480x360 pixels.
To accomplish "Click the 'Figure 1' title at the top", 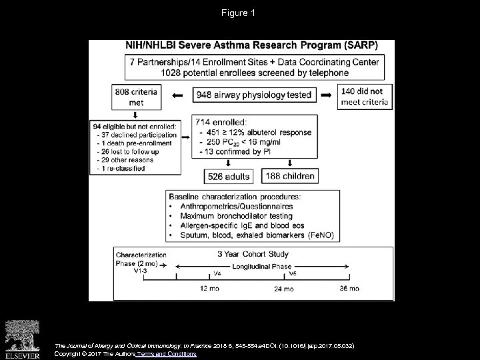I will point(240,13).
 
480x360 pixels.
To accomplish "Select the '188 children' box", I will point(290,176).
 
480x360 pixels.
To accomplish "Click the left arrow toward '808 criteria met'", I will point(177,95).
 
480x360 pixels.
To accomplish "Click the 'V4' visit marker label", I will point(217,273).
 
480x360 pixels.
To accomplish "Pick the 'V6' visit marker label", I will point(291,273).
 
